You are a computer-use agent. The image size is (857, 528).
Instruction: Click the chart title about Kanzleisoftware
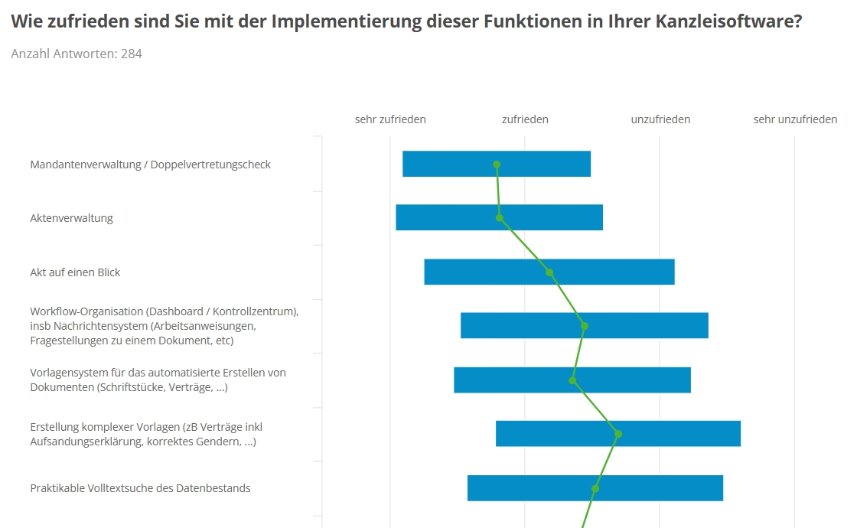[x=406, y=21]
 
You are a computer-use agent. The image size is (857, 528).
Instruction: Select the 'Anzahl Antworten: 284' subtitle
[x=77, y=54]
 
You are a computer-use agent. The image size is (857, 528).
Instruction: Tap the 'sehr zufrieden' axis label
[x=390, y=119]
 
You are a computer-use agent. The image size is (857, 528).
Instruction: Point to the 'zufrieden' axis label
[x=525, y=119]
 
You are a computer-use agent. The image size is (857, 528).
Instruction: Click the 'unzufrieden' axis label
[x=660, y=119]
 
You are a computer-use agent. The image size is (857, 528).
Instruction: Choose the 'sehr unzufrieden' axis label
[x=795, y=119]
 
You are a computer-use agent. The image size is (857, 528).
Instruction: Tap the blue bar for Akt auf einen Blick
[x=612, y=272]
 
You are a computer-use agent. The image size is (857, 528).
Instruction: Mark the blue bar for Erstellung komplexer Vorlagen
[x=681, y=434]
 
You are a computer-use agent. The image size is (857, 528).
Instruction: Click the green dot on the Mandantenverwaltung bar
[x=497, y=165]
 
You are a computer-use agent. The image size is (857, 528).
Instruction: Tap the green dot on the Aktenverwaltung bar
[x=500, y=218]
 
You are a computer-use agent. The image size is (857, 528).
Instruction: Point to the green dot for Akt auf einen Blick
[x=549, y=272]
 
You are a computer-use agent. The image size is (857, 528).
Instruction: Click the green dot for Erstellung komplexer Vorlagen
[x=618, y=434]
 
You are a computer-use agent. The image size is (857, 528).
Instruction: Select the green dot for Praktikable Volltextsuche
[x=595, y=488]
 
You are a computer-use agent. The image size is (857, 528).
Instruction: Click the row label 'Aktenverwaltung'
[x=71, y=218]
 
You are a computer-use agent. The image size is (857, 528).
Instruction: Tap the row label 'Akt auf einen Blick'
[x=75, y=272]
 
